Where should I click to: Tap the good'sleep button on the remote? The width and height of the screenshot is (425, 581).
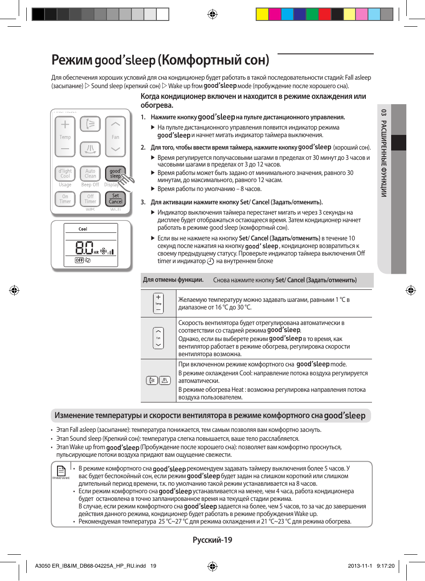coord(115,173)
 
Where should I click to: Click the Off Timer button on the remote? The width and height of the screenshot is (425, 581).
coord(90,199)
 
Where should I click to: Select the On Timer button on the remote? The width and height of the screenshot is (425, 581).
coord(65,199)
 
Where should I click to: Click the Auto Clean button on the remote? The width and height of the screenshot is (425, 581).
coord(90,174)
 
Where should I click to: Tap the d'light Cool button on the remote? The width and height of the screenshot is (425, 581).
coord(65,174)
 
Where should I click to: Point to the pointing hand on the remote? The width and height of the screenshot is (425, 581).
coord(127,181)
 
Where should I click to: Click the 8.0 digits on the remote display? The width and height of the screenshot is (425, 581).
coord(84,248)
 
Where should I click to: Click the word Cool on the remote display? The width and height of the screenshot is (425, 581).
coord(83,229)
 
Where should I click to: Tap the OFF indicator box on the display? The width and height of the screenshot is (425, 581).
coord(79,260)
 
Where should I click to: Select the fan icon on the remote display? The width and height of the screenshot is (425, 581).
coord(103,251)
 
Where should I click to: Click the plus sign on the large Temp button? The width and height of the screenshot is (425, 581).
coord(65,125)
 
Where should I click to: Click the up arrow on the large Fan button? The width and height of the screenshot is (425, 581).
coord(115,124)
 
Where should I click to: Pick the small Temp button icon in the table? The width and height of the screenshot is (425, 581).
coord(158,303)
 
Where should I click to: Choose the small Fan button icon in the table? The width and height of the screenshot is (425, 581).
coord(158,338)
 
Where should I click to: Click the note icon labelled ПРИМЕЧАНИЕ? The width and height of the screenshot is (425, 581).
coord(61,471)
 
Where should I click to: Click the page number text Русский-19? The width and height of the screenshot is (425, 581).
coord(212,540)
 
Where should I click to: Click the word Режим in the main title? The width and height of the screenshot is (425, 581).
coord(72,60)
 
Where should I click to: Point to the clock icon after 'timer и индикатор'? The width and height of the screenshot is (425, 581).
coord(211,262)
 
